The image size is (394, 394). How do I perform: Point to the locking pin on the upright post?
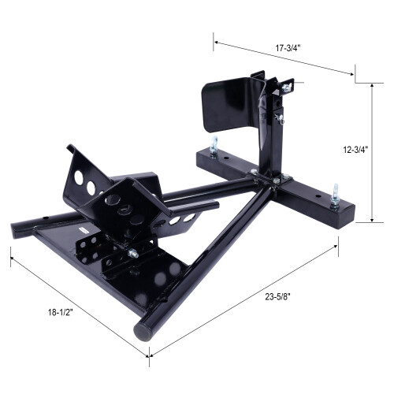point(278,117)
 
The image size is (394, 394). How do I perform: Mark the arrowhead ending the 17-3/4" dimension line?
point(352,74)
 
